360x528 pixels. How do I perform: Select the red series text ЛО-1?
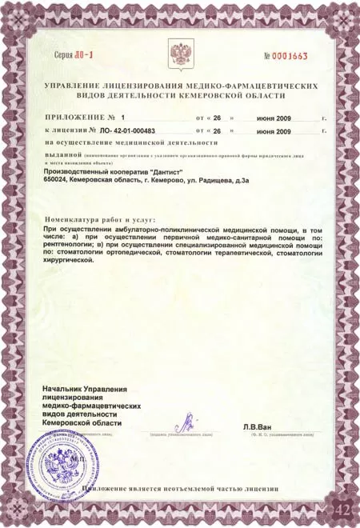(x=82, y=57)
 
